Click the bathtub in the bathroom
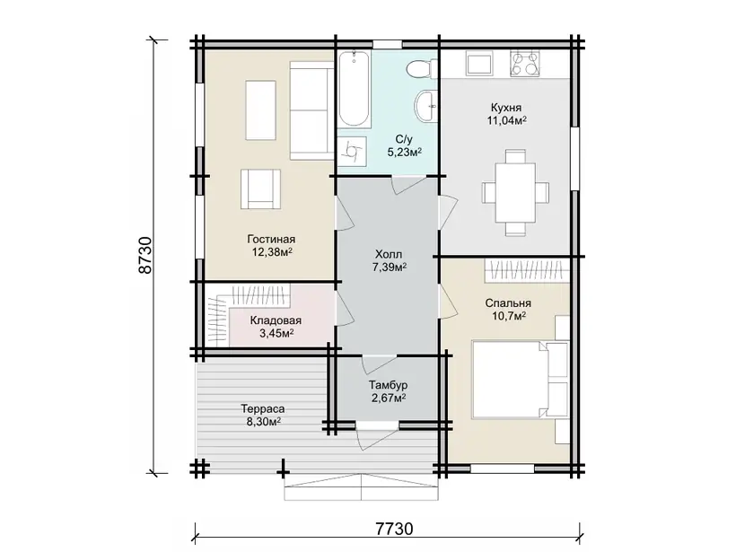tap(355, 89)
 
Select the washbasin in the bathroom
tap(426, 105)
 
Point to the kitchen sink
tap(478, 64)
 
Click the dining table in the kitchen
tap(515, 192)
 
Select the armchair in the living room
tap(260, 189)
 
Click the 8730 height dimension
tap(146, 255)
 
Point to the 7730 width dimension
tap(394, 529)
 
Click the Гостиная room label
tap(271, 240)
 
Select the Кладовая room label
tap(276, 320)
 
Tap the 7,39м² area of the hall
tap(390, 267)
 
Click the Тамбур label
tap(388, 385)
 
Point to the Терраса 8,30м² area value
tap(263, 422)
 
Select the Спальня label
tap(508, 303)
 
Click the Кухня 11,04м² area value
tap(506, 120)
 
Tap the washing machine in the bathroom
tap(352, 151)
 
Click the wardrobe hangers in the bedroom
tap(524, 271)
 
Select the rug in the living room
tap(260, 110)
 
